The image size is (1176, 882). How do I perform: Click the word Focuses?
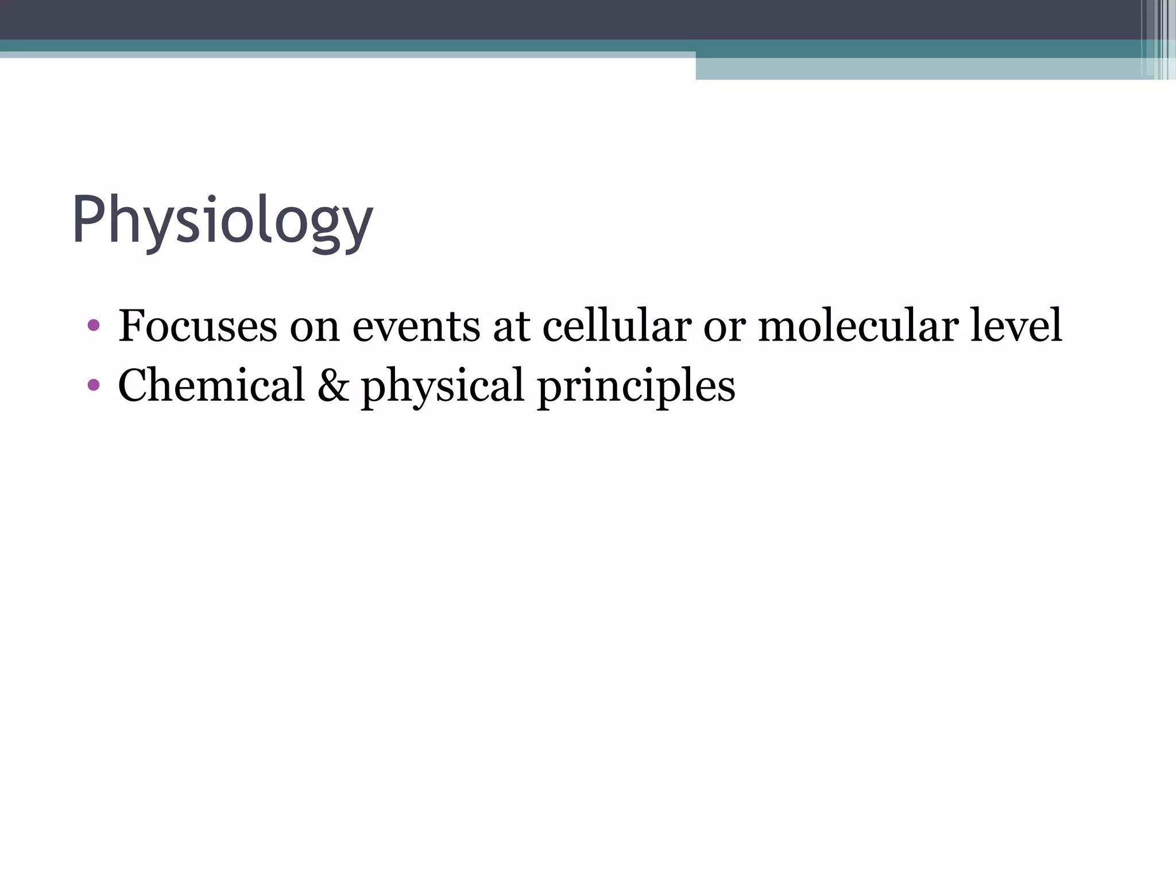(x=198, y=326)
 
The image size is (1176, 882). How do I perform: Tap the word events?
(x=416, y=326)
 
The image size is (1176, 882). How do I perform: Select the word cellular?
(x=617, y=326)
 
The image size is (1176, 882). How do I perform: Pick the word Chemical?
(x=211, y=385)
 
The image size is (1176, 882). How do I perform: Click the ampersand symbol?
(x=333, y=385)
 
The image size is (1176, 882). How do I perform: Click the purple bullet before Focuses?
(x=94, y=326)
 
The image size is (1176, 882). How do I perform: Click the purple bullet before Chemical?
(x=94, y=385)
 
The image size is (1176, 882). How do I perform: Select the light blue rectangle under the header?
(x=919, y=69)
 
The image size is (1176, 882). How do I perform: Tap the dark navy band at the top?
(x=574, y=19)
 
